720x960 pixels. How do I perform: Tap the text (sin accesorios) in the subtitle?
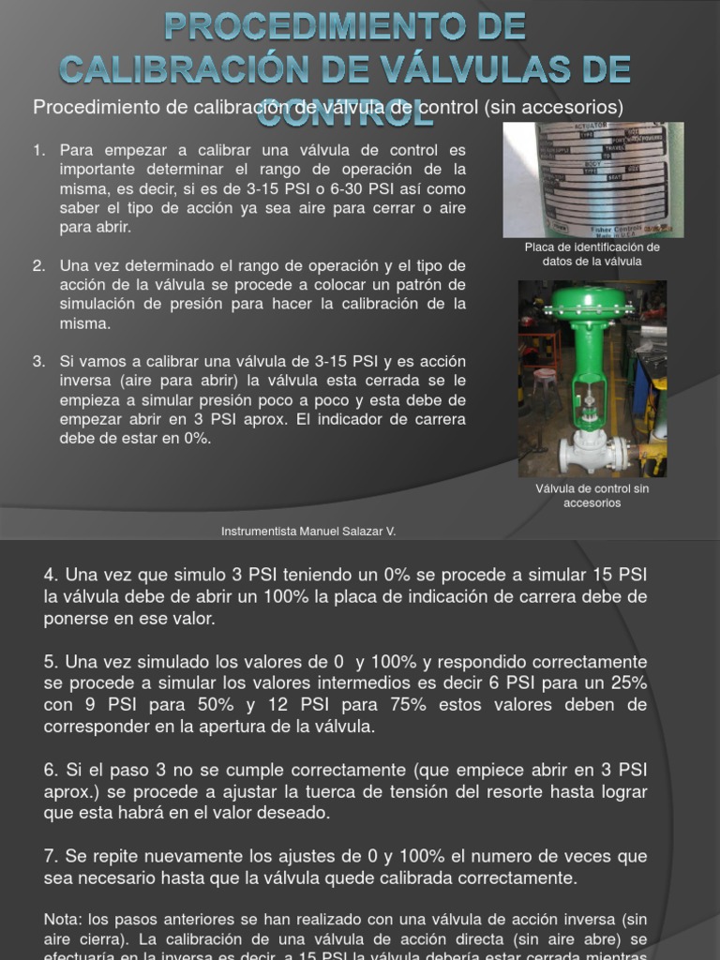pos(554,107)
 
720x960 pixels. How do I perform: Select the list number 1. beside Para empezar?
pos(38,150)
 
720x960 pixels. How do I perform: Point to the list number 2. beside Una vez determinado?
pos(38,265)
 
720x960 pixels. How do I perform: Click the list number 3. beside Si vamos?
pos(38,361)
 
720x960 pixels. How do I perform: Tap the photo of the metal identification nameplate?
pos(592,179)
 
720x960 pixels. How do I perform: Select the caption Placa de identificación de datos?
pos(592,254)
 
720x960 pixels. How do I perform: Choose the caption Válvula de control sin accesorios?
pos(592,495)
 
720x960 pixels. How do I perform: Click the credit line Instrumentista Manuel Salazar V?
pos(308,531)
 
